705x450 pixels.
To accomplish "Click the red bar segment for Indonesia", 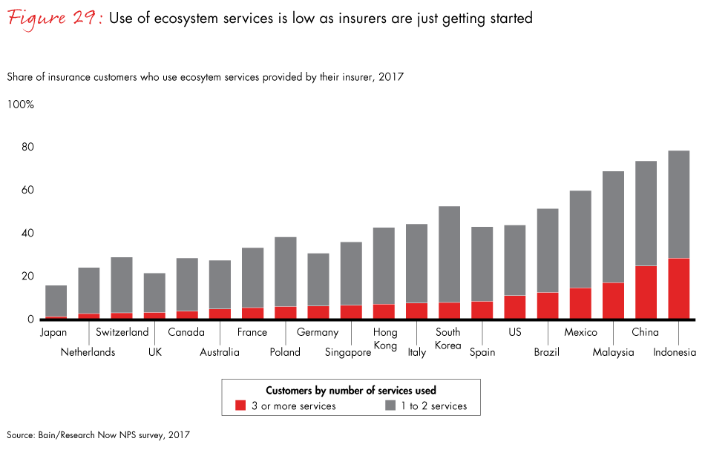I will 678,289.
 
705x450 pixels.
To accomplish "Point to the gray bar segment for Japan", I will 56,301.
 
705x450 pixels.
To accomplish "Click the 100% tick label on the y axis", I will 21,105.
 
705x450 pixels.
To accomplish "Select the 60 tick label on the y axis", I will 27,191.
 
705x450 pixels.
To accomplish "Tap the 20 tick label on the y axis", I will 27,277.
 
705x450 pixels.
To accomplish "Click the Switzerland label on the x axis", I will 122,332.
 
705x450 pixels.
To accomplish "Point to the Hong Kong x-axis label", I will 385,339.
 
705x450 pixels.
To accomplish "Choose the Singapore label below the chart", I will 348,352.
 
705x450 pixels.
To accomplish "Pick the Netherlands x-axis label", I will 88,352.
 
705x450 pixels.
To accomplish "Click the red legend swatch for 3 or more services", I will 240,406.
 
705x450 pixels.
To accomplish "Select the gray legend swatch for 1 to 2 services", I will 392,406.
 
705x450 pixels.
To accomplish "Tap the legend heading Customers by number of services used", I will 350,390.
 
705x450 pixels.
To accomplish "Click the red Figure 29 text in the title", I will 54,18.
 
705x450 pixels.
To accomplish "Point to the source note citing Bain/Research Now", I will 98,435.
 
